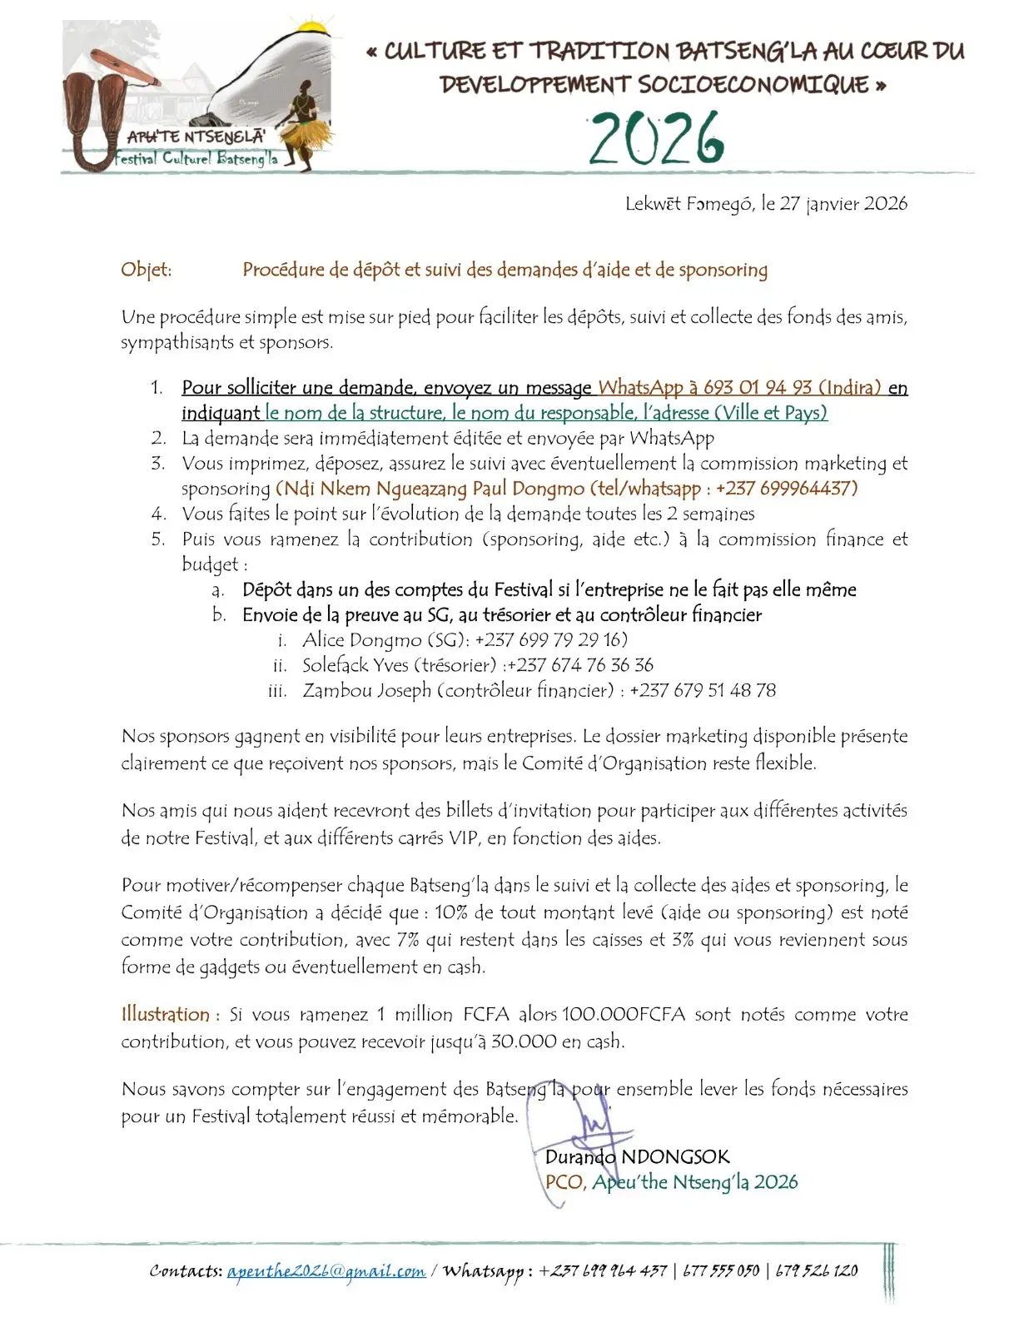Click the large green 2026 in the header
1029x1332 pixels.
coord(657,138)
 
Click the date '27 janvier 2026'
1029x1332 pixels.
coord(843,204)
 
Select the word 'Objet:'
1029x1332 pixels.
coord(147,270)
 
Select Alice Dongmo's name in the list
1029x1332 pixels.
coord(362,640)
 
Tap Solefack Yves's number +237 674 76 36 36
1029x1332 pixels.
coord(580,665)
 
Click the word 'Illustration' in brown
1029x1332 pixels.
coord(166,1015)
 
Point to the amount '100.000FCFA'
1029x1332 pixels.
coord(624,1015)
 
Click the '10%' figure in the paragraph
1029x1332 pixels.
coord(451,912)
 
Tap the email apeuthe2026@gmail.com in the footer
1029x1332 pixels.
coord(326,1271)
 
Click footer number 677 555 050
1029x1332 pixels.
coord(721,1271)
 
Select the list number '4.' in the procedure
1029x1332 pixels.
coord(159,514)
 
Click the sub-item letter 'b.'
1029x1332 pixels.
coord(219,615)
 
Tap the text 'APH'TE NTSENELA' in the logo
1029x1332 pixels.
coord(196,137)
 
